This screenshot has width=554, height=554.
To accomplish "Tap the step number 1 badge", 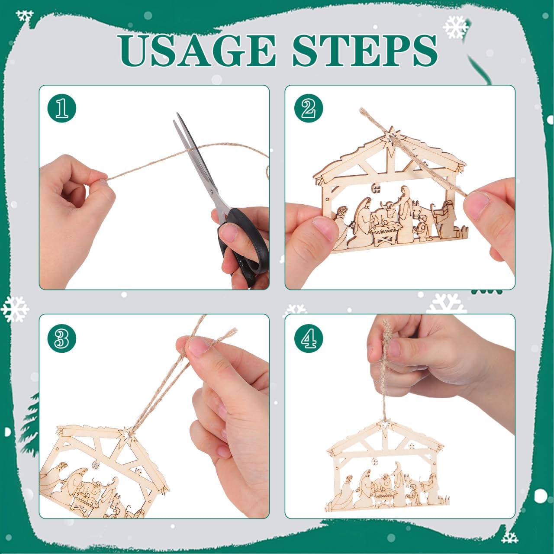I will pyautogui.click(x=62, y=108).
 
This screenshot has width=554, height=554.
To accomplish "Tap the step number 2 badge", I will pyautogui.click(x=308, y=108).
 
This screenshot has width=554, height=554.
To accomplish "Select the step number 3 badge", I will pyautogui.click(x=62, y=338).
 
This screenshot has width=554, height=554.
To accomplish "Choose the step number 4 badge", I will pyautogui.click(x=308, y=338).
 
